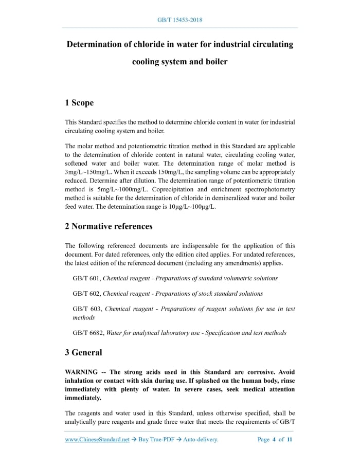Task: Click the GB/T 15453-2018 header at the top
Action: (x=179, y=20)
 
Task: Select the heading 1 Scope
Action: (x=79, y=103)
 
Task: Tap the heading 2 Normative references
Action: (x=109, y=226)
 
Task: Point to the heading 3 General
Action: (x=83, y=352)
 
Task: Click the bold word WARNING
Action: (x=83, y=372)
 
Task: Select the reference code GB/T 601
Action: (x=86, y=278)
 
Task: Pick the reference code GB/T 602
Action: (x=86, y=293)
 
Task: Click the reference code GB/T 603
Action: (x=86, y=309)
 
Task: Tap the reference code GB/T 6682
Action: (x=88, y=333)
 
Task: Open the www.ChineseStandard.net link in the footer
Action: (x=97, y=440)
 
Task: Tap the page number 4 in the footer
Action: (x=274, y=440)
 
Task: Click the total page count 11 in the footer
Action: (x=290, y=440)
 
